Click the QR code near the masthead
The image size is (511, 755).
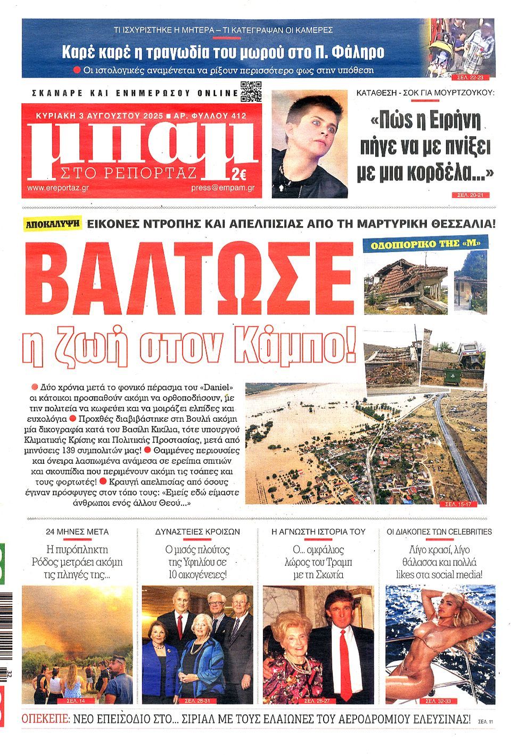(251, 92)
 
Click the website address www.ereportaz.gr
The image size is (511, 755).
(57, 188)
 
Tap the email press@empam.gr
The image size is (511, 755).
(222, 188)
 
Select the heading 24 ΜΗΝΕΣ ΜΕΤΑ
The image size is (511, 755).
(77, 531)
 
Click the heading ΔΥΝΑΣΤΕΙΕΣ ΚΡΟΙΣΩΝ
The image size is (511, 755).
(197, 531)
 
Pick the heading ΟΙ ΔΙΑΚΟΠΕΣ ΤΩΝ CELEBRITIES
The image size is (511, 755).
(439, 531)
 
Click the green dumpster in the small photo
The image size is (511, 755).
(451, 377)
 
